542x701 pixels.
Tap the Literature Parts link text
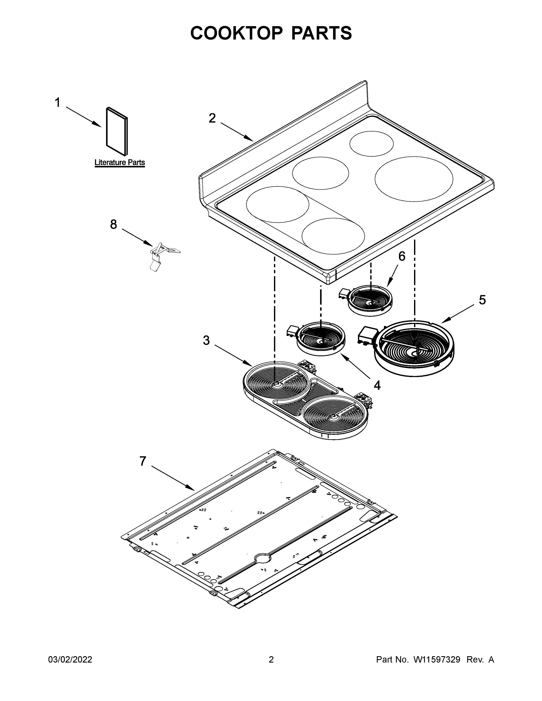pyautogui.click(x=119, y=163)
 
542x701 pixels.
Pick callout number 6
pyautogui.click(x=402, y=256)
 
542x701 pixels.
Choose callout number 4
pyautogui.click(x=377, y=385)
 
